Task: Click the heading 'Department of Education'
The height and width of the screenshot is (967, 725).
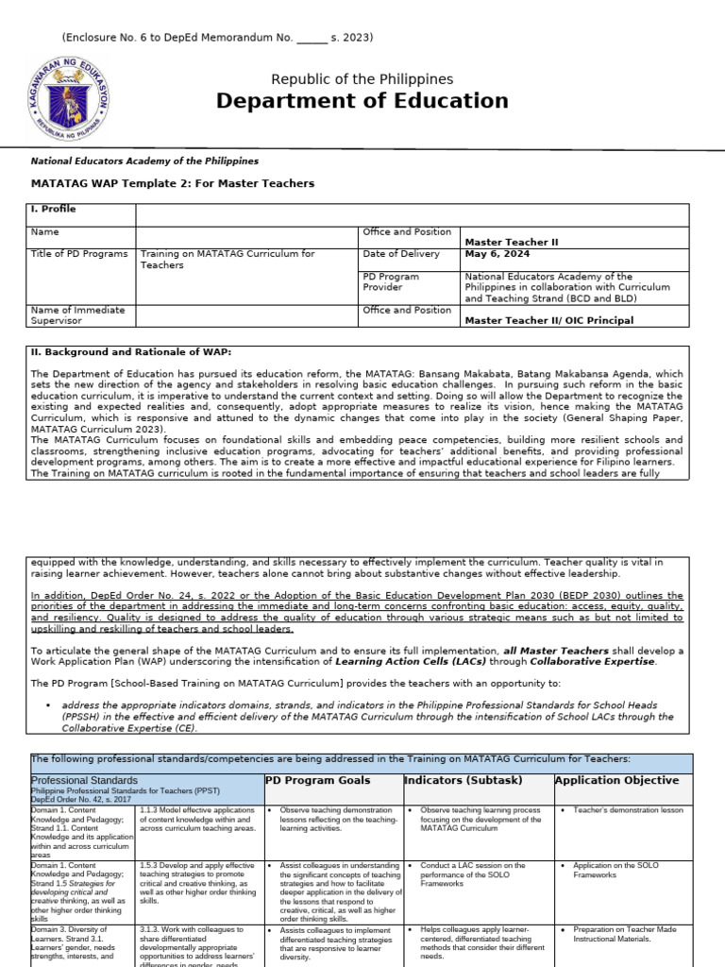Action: [x=362, y=101]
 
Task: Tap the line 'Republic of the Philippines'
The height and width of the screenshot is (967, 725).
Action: [x=362, y=79]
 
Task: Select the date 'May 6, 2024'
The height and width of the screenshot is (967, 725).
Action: [x=497, y=254]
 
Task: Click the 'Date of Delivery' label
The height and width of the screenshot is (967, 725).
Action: [x=401, y=254]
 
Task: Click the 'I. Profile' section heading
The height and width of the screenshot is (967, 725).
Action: [x=54, y=209]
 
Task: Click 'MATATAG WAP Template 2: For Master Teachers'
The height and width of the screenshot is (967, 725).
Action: [x=173, y=183]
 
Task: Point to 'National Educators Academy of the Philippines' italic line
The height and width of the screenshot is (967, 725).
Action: [x=144, y=161]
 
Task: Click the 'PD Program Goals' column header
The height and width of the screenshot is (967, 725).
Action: [x=317, y=781]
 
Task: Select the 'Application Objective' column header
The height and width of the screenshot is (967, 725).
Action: [x=616, y=781]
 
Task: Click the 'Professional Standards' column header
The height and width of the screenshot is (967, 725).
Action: [x=84, y=781]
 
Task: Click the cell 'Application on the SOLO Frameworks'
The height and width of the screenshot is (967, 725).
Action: [x=615, y=870]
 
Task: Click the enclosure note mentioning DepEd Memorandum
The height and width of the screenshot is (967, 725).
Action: [x=218, y=38]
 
